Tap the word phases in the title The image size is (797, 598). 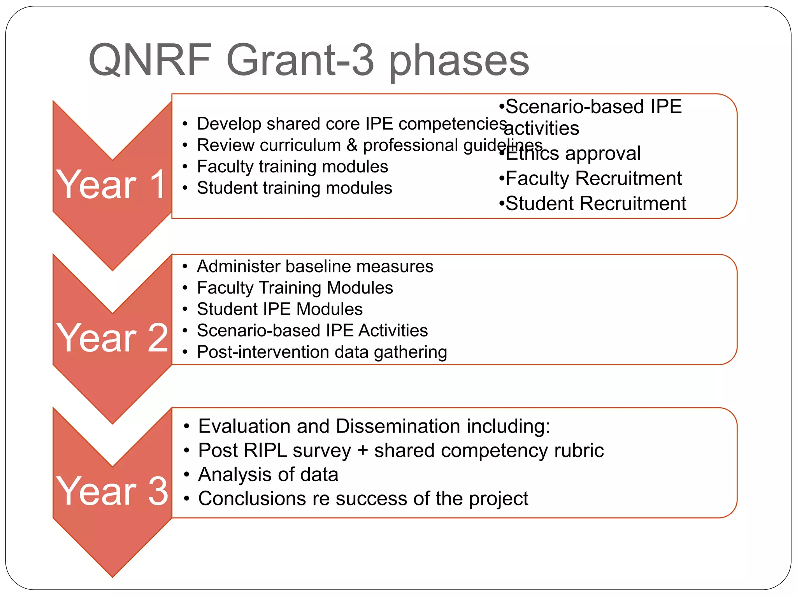pos(459,60)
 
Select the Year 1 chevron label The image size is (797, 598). pos(112,185)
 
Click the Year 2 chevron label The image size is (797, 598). pos(112,338)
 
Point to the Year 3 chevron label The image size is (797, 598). pos(112,491)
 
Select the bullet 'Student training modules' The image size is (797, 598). pos(294,188)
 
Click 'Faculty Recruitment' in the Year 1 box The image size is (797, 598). pos(593,178)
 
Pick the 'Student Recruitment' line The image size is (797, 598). pos(595,204)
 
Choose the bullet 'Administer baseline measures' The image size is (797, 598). pos(315,267)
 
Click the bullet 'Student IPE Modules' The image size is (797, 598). pos(279,309)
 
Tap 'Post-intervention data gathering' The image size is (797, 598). pos(322,352)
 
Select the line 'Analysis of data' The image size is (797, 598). pos(268,475)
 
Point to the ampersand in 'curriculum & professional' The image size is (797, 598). pos(352,145)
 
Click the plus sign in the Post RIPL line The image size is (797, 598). pos(363,451)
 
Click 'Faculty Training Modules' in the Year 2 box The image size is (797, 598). pos(295,288)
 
